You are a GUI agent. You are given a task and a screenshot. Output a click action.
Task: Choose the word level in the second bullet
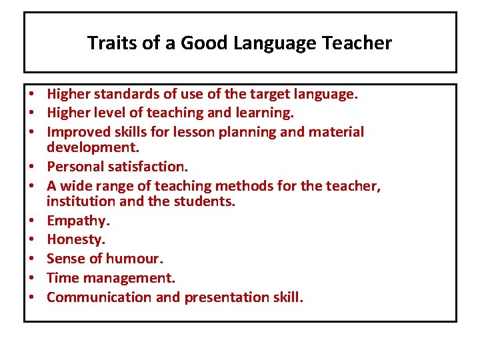(x=109, y=113)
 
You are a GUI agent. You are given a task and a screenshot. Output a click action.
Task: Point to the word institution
(x=76, y=200)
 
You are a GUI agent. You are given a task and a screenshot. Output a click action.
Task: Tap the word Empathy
(x=74, y=221)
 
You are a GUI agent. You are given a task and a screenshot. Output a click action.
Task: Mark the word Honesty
(x=74, y=239)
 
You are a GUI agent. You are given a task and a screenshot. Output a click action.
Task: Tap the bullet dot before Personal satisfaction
(x=33, y=167)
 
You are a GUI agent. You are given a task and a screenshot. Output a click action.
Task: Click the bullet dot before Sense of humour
(x=33, y=258)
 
